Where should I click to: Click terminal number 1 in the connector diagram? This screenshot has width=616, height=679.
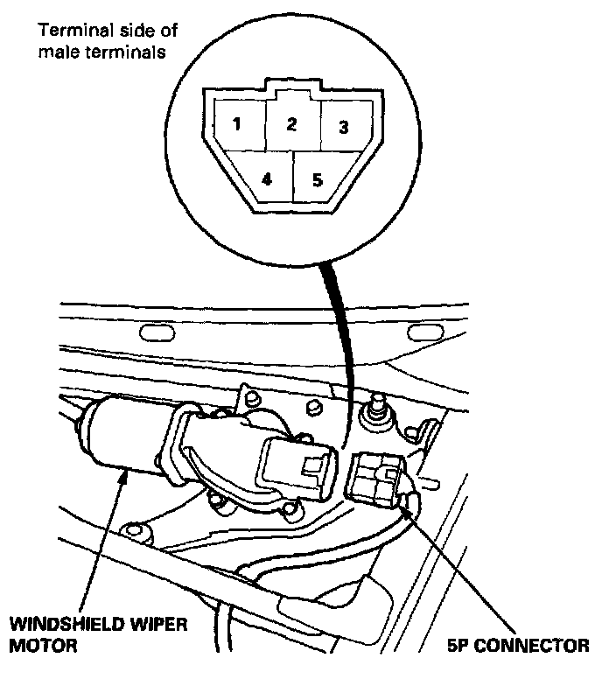tap(235, 123)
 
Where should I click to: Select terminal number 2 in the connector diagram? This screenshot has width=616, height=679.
tap(291, 123)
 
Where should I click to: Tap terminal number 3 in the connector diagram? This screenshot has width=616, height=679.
tap(343, 127)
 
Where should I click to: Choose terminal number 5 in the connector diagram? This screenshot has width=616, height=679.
tap(317, 179)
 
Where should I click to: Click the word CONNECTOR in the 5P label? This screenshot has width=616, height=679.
tap(536, 647)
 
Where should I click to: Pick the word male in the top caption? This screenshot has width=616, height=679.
tap(57, 52)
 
